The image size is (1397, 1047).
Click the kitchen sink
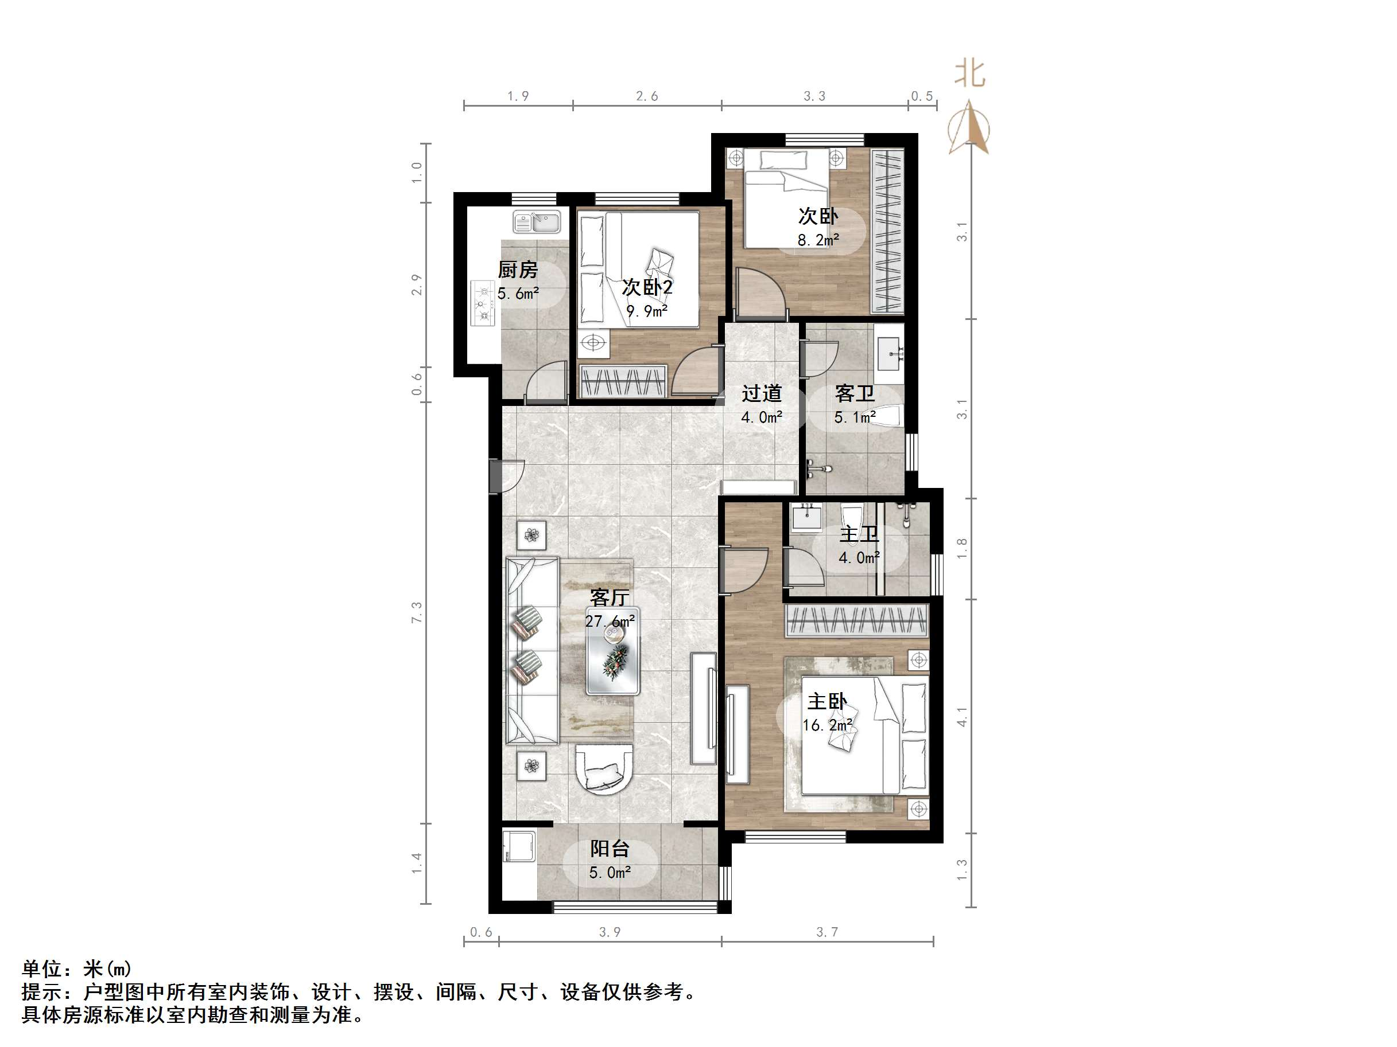click(x=537, y=222)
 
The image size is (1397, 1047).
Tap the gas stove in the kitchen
click(x=483, y=303)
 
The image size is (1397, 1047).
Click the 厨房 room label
click(x=518, y=270)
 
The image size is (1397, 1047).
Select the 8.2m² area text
click(x=818, y=240)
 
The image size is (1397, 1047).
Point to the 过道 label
click(x=762, y=394)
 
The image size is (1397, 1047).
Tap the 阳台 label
click(x=610, y=849)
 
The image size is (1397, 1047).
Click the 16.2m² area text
click(x=827, y=725)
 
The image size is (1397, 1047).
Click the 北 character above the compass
click(x=969, y=74)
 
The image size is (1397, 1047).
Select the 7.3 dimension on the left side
click(x=417, y=613)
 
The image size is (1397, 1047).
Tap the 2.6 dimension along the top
click(x=647, y=96)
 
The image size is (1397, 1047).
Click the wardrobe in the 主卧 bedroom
click(x=856, y=620)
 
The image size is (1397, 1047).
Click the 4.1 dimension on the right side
click(x=962, y=716)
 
